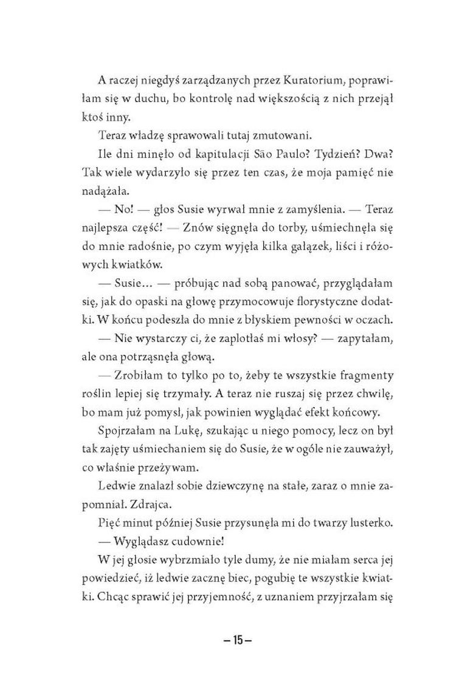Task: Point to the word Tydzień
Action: click(x=335, y=154)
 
